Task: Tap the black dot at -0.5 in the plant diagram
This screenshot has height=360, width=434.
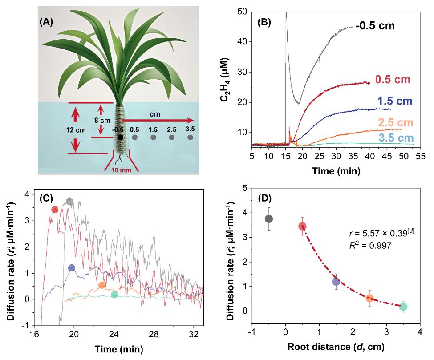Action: click(120, 138)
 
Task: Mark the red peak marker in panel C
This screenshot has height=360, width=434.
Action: click(55, 210)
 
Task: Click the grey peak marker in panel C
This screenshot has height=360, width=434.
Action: click(69, 202)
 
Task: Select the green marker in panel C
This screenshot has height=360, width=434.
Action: click(114, 295)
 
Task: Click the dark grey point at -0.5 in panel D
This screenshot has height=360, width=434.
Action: click(269, 219)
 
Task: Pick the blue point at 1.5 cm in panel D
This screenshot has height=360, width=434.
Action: click(336, 281)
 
